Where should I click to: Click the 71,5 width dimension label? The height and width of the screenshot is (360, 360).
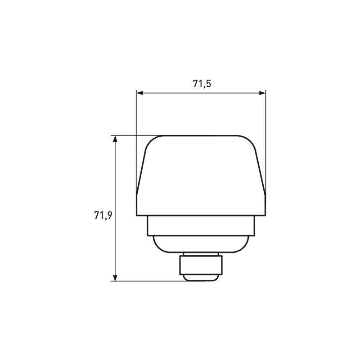click(202, 84)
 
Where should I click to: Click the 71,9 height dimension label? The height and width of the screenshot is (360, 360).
click(103, 216)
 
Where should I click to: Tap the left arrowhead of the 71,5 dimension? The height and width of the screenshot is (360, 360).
click(139, 93)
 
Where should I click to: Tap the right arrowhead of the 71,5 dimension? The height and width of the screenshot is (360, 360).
click(262, 93)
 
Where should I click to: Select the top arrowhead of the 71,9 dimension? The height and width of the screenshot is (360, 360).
click(115, 139)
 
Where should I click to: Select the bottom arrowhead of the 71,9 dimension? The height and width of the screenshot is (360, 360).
click(115, 278)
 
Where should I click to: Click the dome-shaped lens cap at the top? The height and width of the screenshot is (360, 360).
click(201, 175)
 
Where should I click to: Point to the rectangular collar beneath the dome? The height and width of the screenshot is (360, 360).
click(201, 226)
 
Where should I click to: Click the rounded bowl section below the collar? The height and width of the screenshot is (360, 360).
click(201, 244)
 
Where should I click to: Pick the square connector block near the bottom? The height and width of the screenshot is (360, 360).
click(201, 265)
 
